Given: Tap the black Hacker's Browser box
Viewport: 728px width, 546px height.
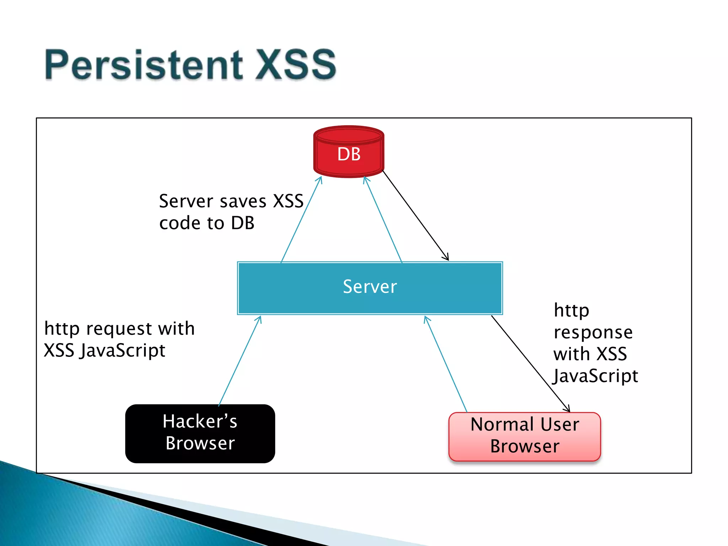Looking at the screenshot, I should click(200, 433).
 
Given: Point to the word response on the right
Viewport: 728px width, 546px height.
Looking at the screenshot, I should click(593, 333).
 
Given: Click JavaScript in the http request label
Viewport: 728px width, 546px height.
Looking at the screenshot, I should click(122, 351).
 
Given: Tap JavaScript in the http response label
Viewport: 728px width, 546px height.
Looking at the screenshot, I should click(596, 376).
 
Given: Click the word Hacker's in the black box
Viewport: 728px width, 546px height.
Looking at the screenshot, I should click(200, 422).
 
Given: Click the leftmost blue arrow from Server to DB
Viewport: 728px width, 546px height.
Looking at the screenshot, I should click(301, 219).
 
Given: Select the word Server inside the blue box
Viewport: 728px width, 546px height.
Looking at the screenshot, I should click(370, 287).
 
